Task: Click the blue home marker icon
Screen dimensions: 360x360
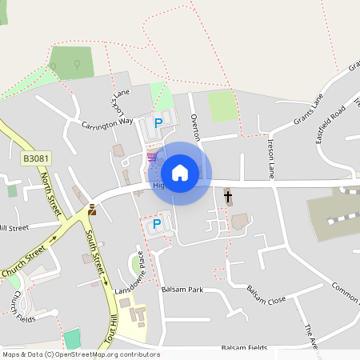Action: click(x=180, y=173)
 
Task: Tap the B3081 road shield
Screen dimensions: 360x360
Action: click(x=34, y=159)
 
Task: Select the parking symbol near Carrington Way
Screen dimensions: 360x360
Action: click(x=158, y=123)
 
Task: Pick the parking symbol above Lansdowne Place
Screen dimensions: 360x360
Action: click(x=157, y=224)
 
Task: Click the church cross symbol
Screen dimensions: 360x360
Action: click(x=227, y=195)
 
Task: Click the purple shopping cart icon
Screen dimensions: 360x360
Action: click(x=151, y=156)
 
